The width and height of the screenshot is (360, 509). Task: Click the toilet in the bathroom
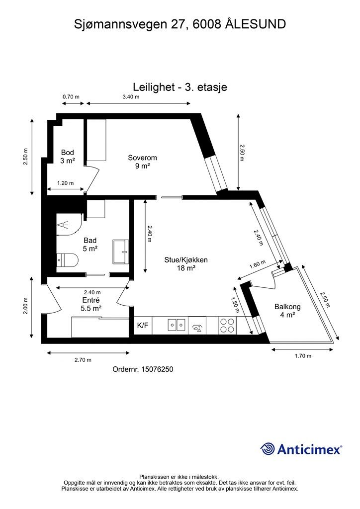68,259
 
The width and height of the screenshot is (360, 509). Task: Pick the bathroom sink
121,252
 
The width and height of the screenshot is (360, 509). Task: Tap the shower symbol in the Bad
63,224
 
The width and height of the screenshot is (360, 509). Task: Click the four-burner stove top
227,325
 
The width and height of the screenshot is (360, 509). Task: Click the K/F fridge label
143,325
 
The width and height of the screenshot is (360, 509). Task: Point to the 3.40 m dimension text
131,97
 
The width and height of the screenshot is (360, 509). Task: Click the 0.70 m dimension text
71,97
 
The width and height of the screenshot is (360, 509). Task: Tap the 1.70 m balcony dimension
303,356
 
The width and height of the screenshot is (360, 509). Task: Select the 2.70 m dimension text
83,360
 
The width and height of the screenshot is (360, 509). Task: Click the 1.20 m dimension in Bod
65,183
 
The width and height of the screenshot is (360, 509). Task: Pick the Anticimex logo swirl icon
268,449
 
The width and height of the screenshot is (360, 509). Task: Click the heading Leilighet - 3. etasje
180,87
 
